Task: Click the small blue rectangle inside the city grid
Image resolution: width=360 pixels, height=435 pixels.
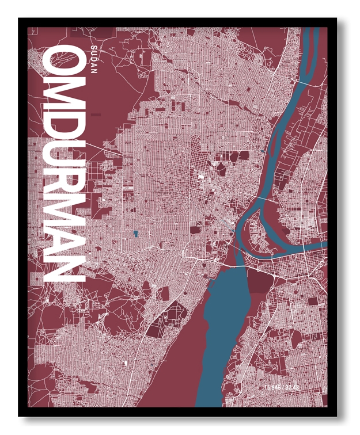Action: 135,234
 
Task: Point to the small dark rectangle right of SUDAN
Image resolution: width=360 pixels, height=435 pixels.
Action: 96,115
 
